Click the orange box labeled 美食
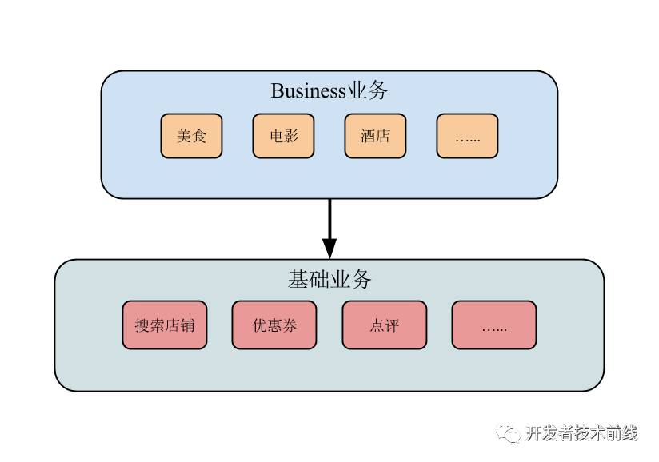coord(191,136)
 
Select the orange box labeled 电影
coord(283,136)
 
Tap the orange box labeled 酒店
coord(375,136)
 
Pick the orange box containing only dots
coord(467,136)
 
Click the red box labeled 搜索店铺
coord(165,325)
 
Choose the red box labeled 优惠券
coord(274,325)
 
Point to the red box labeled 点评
coord(384,325)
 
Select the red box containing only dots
coord(493,325)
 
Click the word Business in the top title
coord(308,91)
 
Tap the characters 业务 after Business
coord(368,91)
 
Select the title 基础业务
coord(329,280)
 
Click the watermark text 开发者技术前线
coord(581,433)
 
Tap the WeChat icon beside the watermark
coord(507,433)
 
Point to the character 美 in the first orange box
coord(184,136)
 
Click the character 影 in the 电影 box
coord(291,136)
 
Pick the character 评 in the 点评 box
coord(392,325)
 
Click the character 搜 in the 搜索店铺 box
coord(142,325)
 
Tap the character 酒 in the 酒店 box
coord(368,136)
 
